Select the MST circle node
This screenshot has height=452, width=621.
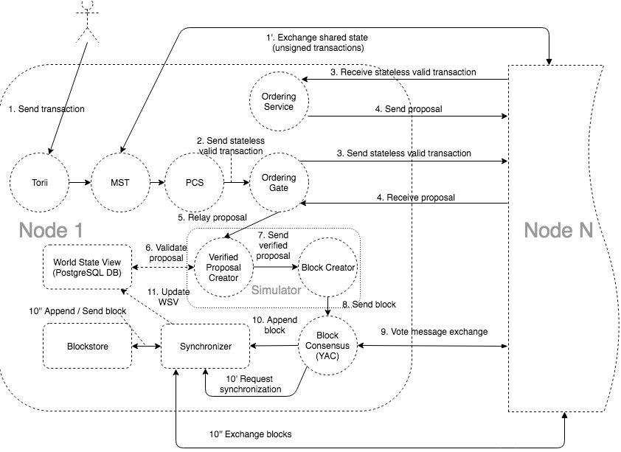click(x=119, y=181)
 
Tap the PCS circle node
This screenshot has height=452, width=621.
click(x=195, y=181)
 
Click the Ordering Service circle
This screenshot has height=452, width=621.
click(x=279, y=102)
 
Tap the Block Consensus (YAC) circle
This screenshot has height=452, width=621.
click(x=328, y=345)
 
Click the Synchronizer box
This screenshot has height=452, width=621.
click(x=203, y=345)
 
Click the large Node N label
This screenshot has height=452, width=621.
click(x=558, y=231)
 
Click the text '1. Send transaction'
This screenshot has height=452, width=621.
click(x=46, y=109)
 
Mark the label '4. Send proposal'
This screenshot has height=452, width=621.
click(x=407, y=109)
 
